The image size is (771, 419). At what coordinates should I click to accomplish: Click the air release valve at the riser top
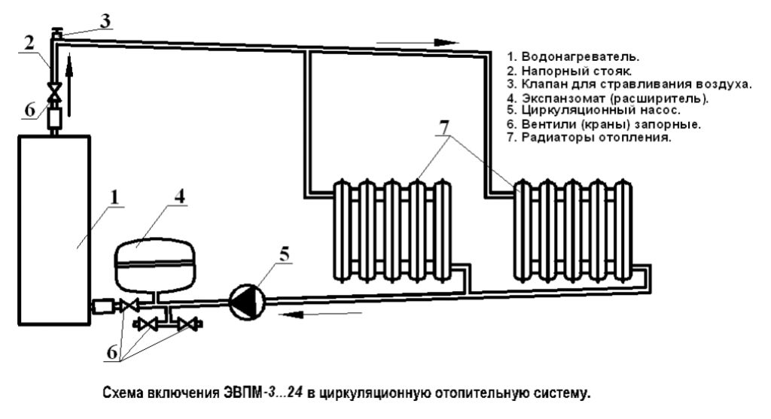pos(56,33)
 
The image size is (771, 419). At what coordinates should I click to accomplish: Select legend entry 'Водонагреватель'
pos(577,56)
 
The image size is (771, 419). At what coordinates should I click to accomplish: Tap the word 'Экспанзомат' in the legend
pos(556,97)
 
